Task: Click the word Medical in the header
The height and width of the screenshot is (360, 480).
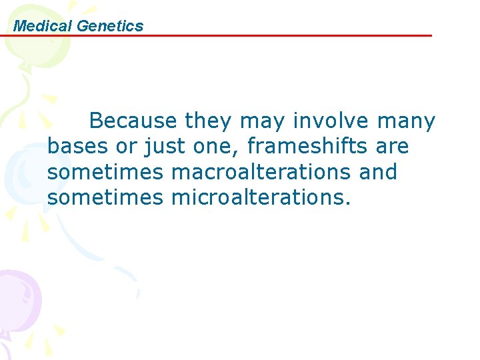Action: click(x=43, y=26)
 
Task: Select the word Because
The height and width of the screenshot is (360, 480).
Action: click(x=134, y=121)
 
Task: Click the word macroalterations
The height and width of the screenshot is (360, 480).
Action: click(x=261, y=171)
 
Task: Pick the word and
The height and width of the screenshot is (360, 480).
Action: click(x=378, y=171)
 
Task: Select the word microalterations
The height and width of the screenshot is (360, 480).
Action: click(x=260, y=197)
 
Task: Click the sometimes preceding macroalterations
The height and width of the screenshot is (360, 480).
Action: click(x=105, y=171)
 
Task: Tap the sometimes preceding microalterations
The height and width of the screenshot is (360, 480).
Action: click(x=105, y=197)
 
